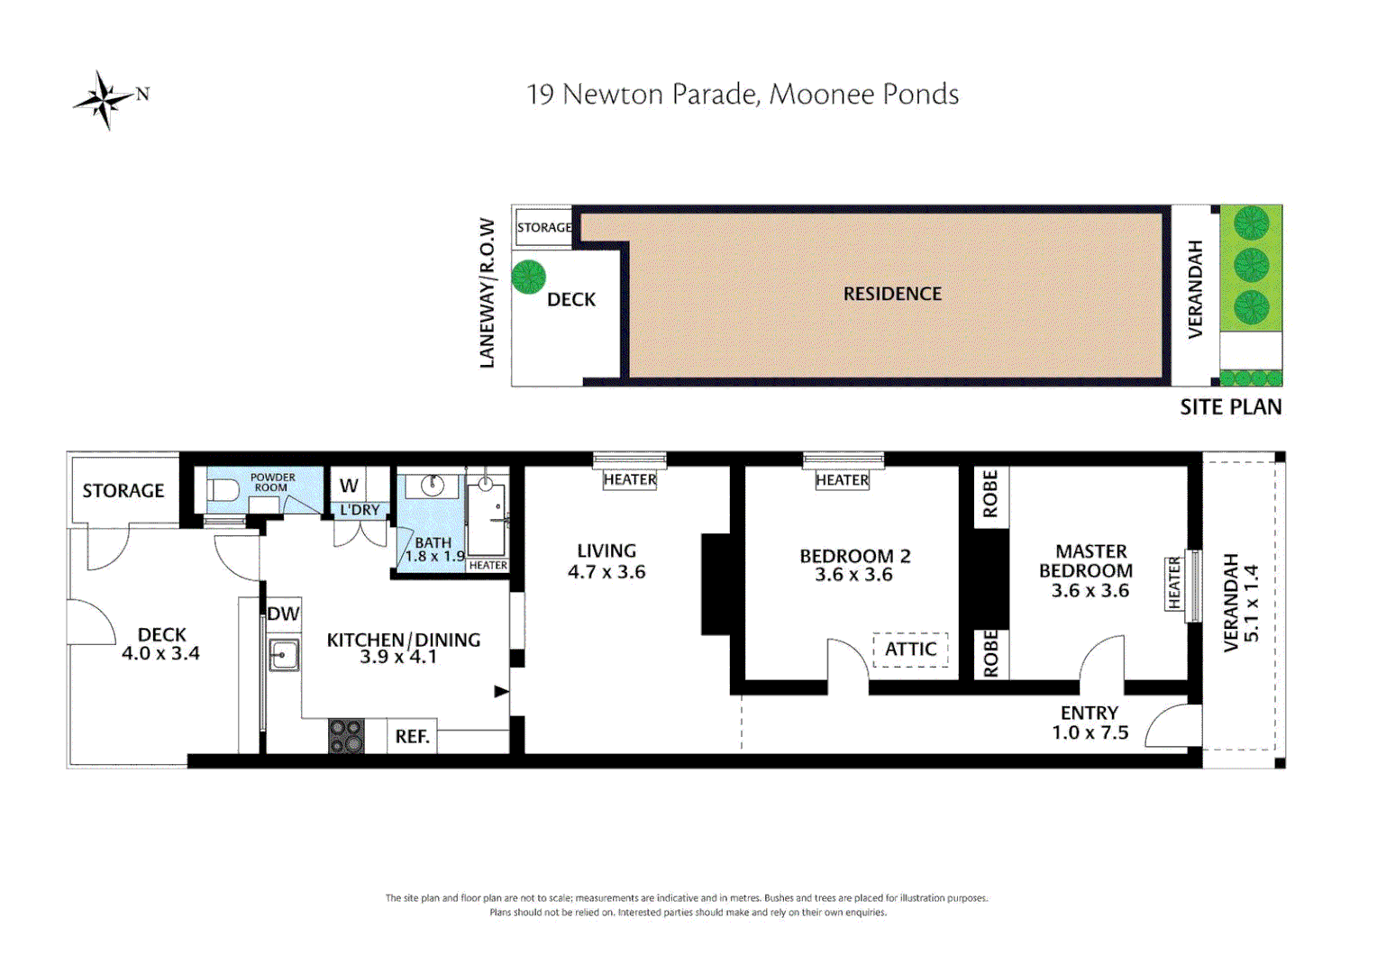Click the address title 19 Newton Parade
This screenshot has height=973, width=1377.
742,95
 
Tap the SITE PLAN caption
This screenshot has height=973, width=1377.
1230,407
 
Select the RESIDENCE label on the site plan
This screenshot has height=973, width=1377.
892,294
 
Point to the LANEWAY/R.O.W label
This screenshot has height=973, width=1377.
487,293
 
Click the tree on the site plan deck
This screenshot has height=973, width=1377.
528,277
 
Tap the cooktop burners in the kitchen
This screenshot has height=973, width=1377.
346,735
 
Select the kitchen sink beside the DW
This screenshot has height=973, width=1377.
284,655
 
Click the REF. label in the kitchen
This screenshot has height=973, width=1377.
412,736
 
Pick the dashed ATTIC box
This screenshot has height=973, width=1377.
910,649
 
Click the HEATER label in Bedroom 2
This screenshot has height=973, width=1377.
842,480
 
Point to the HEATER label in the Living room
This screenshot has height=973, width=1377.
630,479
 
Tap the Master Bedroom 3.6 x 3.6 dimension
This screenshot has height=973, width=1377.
1090,591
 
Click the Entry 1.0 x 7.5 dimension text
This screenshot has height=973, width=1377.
1090,732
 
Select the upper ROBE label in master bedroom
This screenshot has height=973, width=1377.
989,494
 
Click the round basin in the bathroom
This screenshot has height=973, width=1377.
432,486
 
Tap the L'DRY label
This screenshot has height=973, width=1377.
360,510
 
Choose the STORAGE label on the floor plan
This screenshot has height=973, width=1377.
123,491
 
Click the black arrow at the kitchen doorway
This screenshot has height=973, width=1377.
501,692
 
